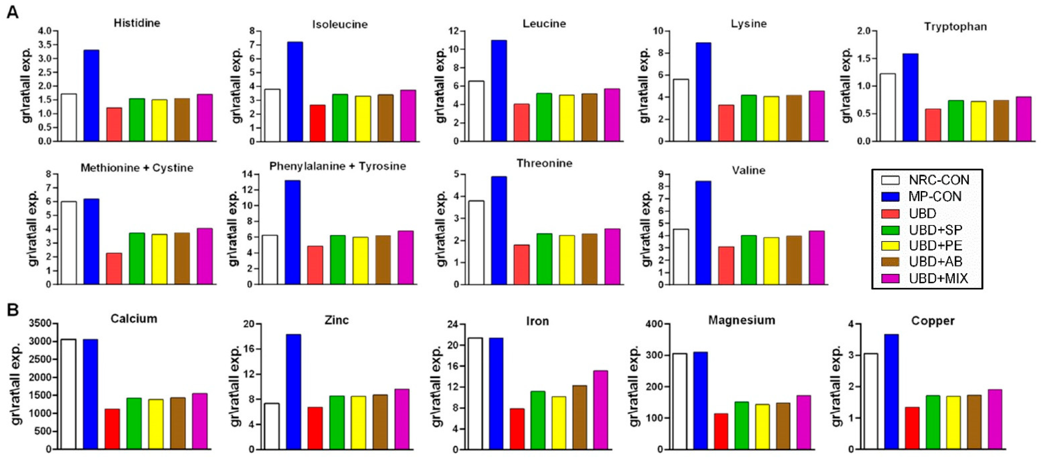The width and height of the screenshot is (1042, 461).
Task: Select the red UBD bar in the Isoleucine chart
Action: [318, 123]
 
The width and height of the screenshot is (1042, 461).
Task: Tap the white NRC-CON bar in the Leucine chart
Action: [476, 111]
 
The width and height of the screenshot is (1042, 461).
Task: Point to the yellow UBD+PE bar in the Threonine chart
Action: [567, 260]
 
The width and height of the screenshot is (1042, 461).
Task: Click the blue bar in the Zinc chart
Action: [293, 392]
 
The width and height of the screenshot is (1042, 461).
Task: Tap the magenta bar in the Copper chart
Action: [995, 419]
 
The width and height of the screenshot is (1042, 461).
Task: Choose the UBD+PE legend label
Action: [935, 246]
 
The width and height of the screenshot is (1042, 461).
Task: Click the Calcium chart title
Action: [134, 319]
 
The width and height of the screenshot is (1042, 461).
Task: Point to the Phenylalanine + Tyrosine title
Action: [338, 166]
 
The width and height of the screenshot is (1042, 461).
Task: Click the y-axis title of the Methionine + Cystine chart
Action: [33, 229]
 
